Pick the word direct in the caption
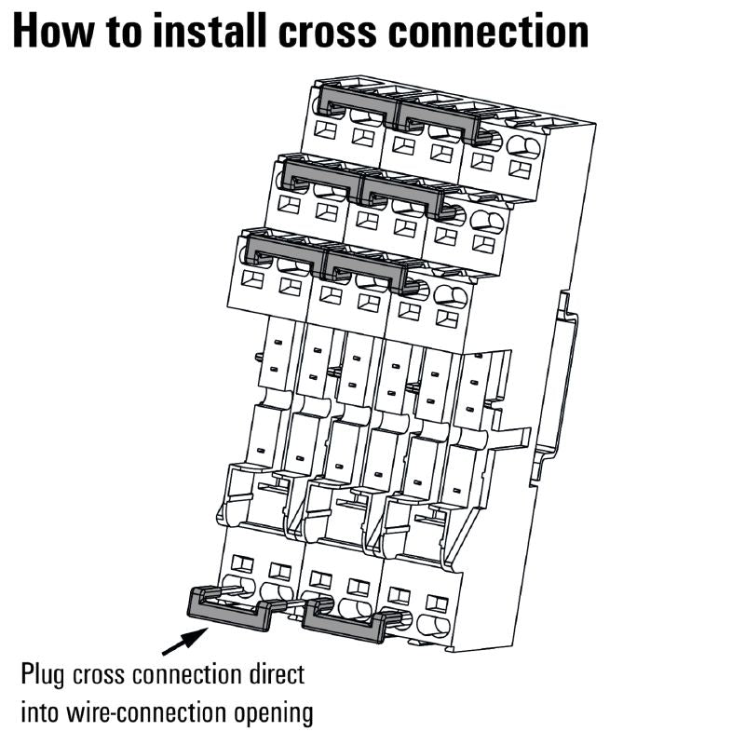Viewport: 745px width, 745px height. [268, 673]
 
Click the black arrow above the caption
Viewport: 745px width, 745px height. [183, 641]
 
